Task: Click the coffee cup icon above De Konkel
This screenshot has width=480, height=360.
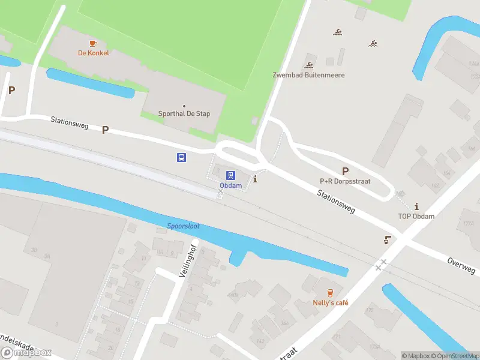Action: coord(92,43)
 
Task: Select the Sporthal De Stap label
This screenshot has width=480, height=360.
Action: coord(184,113)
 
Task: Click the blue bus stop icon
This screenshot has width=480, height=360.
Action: coord(181,157)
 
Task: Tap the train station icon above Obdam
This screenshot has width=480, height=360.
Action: coord(230,175)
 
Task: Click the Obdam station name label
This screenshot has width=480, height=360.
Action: coord(230,185)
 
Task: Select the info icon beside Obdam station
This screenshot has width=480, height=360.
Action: coord(256,179)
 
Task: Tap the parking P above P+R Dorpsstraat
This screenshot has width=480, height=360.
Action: coord(345,171)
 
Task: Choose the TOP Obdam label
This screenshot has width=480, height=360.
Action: coord(416,216)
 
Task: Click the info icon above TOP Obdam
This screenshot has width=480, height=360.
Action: coord(416,206)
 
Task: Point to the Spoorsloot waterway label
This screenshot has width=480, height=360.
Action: coord(184,226)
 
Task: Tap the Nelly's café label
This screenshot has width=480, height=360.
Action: coord(331,302)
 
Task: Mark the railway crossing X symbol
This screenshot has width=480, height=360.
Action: coord(381,264)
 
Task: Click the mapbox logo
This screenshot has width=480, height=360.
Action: coord(27,353)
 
